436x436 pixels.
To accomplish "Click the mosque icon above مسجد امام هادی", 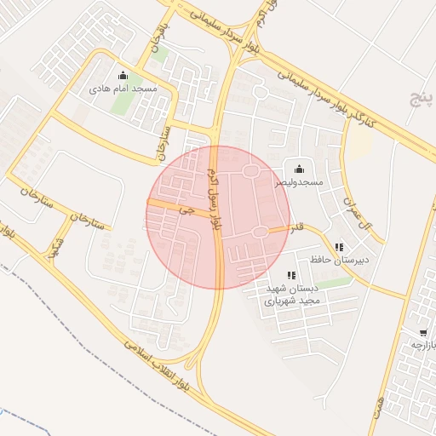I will [x=123, y=75].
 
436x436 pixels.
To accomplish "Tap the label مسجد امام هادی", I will [x=123, y=88].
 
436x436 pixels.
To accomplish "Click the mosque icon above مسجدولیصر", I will [x=298, y=169].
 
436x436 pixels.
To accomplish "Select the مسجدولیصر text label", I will [x=298, y=182].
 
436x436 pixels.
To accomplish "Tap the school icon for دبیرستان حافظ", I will [x=340, y=247].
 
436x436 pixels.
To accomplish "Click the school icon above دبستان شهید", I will [x=291, y=275].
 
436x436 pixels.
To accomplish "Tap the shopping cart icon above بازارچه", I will [x=423, y=332].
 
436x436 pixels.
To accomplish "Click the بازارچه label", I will [x=422, y=345].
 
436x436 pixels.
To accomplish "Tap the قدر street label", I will [x=298, y=228].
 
